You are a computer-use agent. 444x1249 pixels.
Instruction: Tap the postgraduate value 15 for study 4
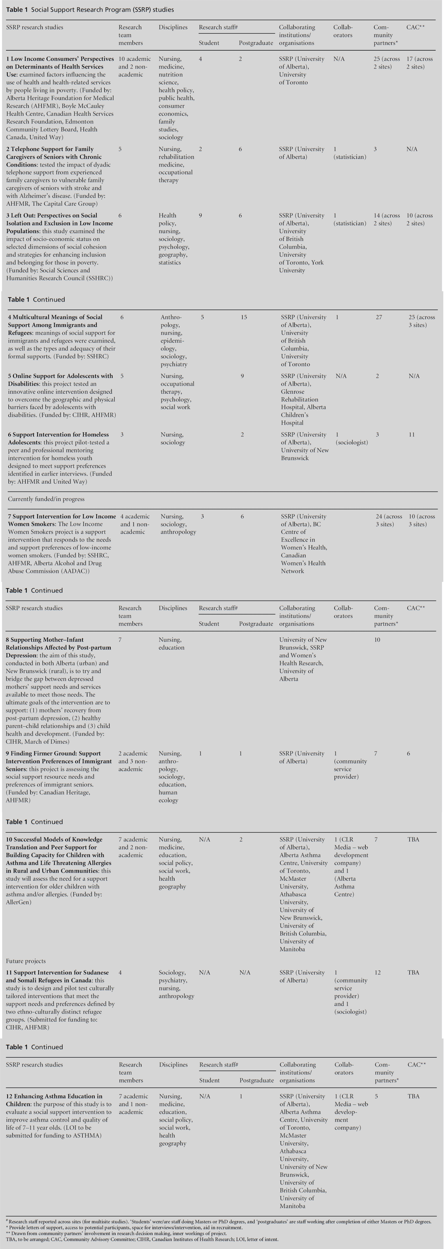click(x=244, y=317)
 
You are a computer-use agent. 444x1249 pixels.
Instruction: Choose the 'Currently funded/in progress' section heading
click(x=46, y=499)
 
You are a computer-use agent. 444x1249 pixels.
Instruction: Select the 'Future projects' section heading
click(x=26, y=961)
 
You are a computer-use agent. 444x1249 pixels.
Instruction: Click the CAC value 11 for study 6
click(x=412, y=435)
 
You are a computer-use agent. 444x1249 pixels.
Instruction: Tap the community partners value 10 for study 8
click(x=377, y=639)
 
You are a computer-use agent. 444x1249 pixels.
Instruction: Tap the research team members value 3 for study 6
click(x=122, y=435)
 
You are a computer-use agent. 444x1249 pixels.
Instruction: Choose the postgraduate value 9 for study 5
click(x=242, y=376)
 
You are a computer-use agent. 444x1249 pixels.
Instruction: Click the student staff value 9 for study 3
click(x=200, y=215)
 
